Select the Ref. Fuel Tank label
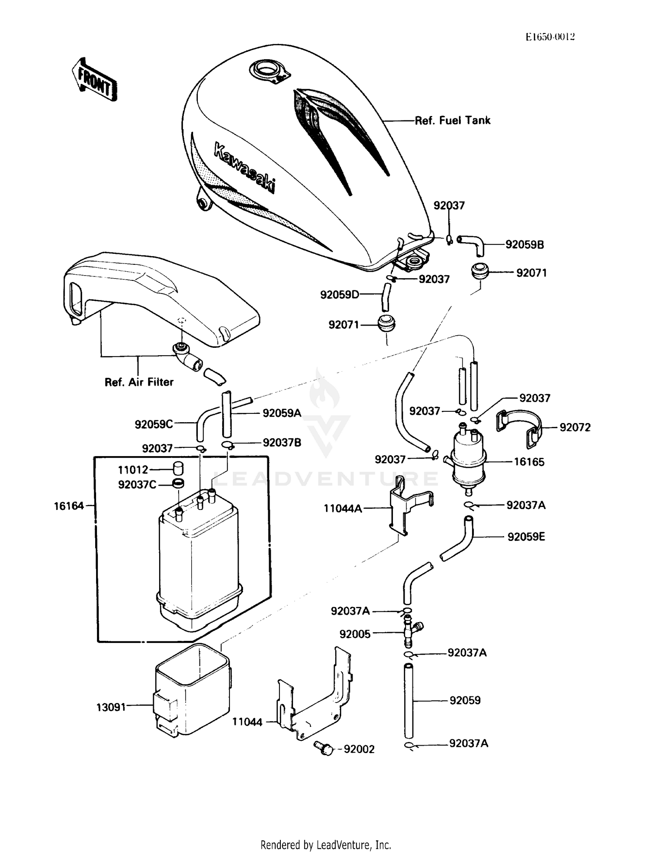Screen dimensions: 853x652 click(452, 120)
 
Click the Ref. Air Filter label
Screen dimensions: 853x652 click(139, 382)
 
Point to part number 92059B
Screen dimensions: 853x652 click(524, 245)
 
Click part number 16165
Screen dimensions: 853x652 click(529, 462)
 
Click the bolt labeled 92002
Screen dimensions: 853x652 click(323, 748)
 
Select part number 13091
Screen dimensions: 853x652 click(111, 707)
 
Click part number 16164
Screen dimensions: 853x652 click(69, 506)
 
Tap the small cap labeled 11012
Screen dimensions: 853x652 click(178, 469)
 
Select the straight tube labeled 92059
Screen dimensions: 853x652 click(408, 700)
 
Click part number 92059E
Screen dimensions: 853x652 click(526, 537)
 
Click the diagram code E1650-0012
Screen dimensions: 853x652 click(550, 37)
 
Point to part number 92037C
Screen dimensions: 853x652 click(137, 484)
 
